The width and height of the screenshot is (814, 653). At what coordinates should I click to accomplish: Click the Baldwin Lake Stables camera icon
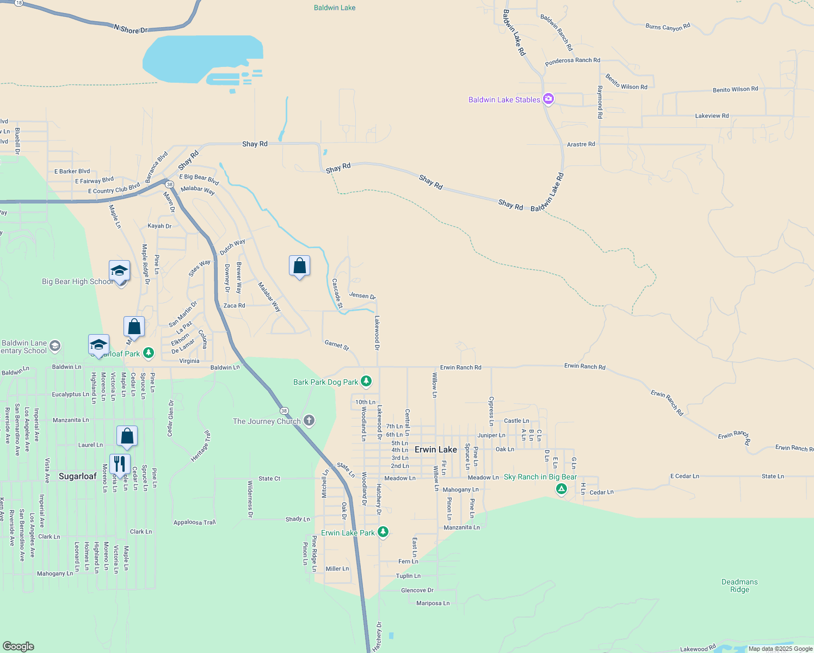548,99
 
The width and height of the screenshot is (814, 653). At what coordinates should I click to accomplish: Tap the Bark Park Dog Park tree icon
366,381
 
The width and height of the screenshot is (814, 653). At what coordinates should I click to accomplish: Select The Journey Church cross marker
309,420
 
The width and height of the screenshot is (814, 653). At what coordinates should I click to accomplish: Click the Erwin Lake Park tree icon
383,532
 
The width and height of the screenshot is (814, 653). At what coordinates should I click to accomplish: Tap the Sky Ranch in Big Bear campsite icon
561,489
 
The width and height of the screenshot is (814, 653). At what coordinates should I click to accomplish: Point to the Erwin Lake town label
436,449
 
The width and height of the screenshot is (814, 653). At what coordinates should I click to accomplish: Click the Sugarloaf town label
78,476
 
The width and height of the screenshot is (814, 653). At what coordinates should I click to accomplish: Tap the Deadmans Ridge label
739,586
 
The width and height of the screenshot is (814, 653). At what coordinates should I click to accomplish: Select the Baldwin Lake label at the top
335,8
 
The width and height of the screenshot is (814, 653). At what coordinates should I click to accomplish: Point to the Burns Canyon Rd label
668,27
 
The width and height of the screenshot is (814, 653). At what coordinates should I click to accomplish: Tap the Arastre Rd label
581,144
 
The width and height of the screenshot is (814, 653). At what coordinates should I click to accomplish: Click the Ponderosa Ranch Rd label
572,61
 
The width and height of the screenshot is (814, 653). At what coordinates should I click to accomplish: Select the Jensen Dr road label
362,295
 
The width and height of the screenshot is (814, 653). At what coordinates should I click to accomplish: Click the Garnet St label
337,344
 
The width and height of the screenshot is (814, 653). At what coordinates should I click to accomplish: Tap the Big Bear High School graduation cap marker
119,270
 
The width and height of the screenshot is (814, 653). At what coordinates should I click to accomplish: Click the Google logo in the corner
18,646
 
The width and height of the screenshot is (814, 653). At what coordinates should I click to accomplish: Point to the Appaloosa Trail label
195,522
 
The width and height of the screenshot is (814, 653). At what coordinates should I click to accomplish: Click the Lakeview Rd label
712,116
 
